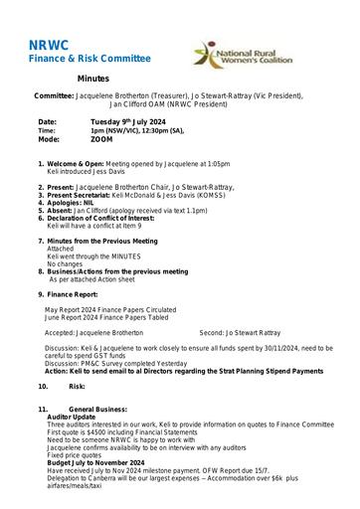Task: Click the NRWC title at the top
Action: pyautogui.click(x=47, y=45)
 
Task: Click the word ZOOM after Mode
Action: pyautogui.click(x=101, y=140)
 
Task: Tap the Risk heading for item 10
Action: pyautogui.click(x=78, y=385)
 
